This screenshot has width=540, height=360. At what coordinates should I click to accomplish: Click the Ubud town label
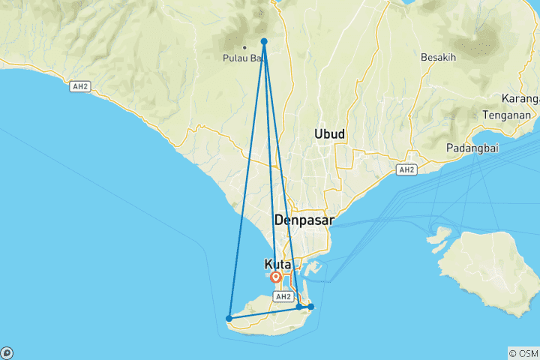[x=330, y=133]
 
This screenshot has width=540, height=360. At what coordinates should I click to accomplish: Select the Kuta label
[x=279, y=264]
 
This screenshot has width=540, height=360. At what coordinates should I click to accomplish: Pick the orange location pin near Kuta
[x=276, y=277]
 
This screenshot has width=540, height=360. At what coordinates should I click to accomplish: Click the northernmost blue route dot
[x=264, y=42]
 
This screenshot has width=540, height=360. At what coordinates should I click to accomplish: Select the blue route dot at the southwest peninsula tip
[x=229, y=318]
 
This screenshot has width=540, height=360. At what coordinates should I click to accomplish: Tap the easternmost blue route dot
[x=310, y=306]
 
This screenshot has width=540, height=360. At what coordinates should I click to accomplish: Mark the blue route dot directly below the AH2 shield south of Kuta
[x=299, y=306]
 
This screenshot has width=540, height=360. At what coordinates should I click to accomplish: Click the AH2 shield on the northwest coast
[x=79, y=87]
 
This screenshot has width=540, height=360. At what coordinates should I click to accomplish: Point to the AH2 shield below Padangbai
[x=406, y=170]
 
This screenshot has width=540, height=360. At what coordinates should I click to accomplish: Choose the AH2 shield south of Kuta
[x=282, y=297]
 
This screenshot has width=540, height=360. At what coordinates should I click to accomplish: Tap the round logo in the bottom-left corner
[x=7, y=352]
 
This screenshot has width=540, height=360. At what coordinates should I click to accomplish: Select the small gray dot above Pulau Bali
[x=244, y=47]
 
